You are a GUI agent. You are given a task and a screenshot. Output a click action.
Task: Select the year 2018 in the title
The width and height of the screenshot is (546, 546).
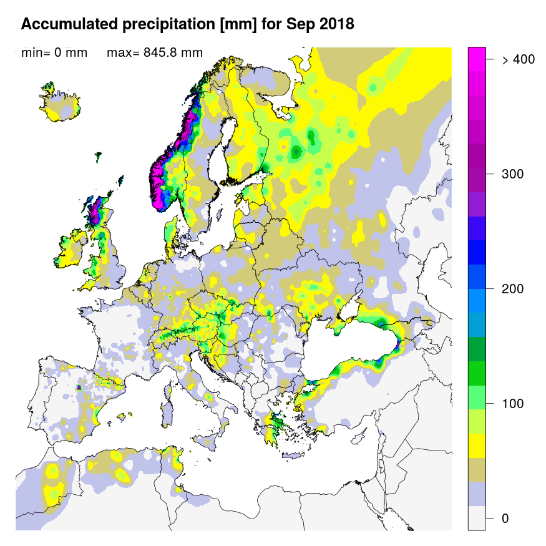pyautogui.click(x=336, y=24)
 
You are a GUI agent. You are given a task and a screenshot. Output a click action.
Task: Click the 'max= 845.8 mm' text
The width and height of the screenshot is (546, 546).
pyautogui.click(x=155, y=52)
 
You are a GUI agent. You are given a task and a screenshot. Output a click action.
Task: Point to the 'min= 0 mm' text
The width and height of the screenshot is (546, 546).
pyautogui.click(x=54, y=52)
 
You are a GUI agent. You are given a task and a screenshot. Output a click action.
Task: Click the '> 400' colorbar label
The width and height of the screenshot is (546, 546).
pyautogui.click(x=519, y=59)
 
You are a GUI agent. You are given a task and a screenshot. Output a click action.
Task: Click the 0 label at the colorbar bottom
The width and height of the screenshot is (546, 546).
pyautogui.click(x=505, y=519)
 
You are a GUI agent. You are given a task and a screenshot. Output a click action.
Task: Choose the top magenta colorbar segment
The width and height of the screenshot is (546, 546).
pyautogui.click(x=477, y=54)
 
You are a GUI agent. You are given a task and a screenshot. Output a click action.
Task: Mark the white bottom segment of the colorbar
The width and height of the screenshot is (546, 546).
pyautogui.click(x=477, y=517)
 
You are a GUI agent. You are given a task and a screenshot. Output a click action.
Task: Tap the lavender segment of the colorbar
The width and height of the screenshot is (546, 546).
pyautogui.click(x=477, y=493)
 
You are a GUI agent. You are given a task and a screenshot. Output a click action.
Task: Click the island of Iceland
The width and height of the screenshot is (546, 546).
pyautogui.click(x=62, y=103)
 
